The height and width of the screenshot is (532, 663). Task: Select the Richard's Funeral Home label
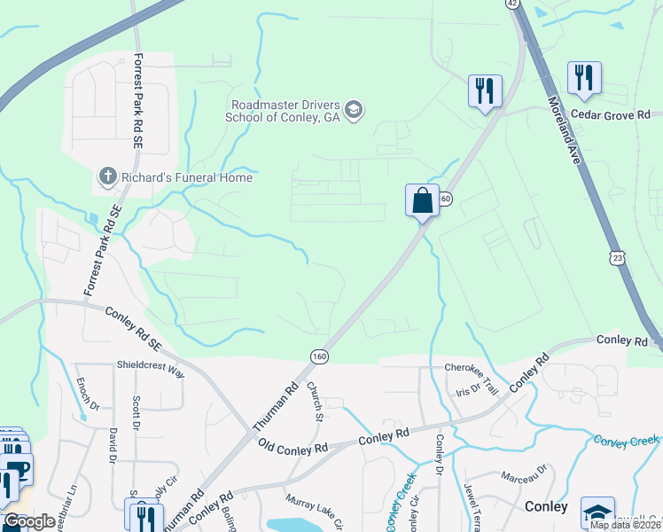(187, 177)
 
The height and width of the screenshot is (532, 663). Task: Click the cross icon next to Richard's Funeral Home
(107, 177)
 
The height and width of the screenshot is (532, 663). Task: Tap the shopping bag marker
(423, 200)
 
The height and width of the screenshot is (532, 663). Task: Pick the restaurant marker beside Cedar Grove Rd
(583, 78)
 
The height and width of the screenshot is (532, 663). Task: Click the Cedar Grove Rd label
(610, 114)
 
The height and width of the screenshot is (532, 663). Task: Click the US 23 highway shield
(614, 257)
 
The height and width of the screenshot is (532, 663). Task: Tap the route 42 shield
(512, 4)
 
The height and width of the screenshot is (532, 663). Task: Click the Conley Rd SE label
(134, 325)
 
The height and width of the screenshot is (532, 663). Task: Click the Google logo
(28, 521)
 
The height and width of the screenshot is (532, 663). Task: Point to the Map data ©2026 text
(624, 524)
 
